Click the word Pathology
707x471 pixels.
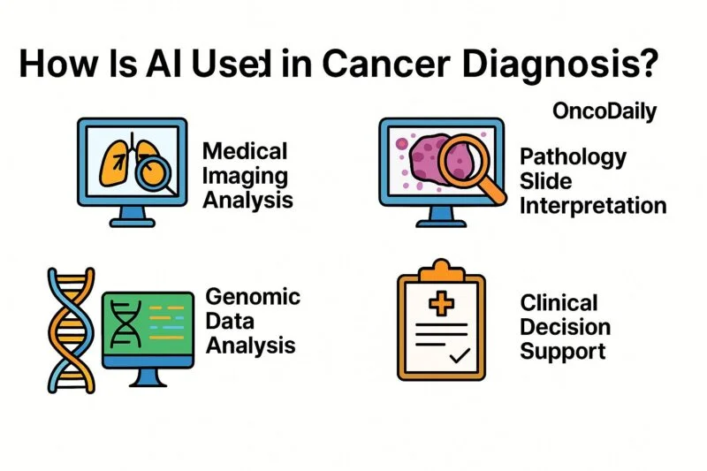[x=573, y=158]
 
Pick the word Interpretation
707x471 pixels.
[x=593, y=206]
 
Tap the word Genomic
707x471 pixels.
[x=253, y=296]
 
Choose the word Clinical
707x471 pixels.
[x=559, y=303]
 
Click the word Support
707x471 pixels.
[x=562, y=351]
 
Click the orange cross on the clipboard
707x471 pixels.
[x=439, y=305]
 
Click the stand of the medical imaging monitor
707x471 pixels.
[x=133, y=214]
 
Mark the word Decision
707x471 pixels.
[x=565, y=327]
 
